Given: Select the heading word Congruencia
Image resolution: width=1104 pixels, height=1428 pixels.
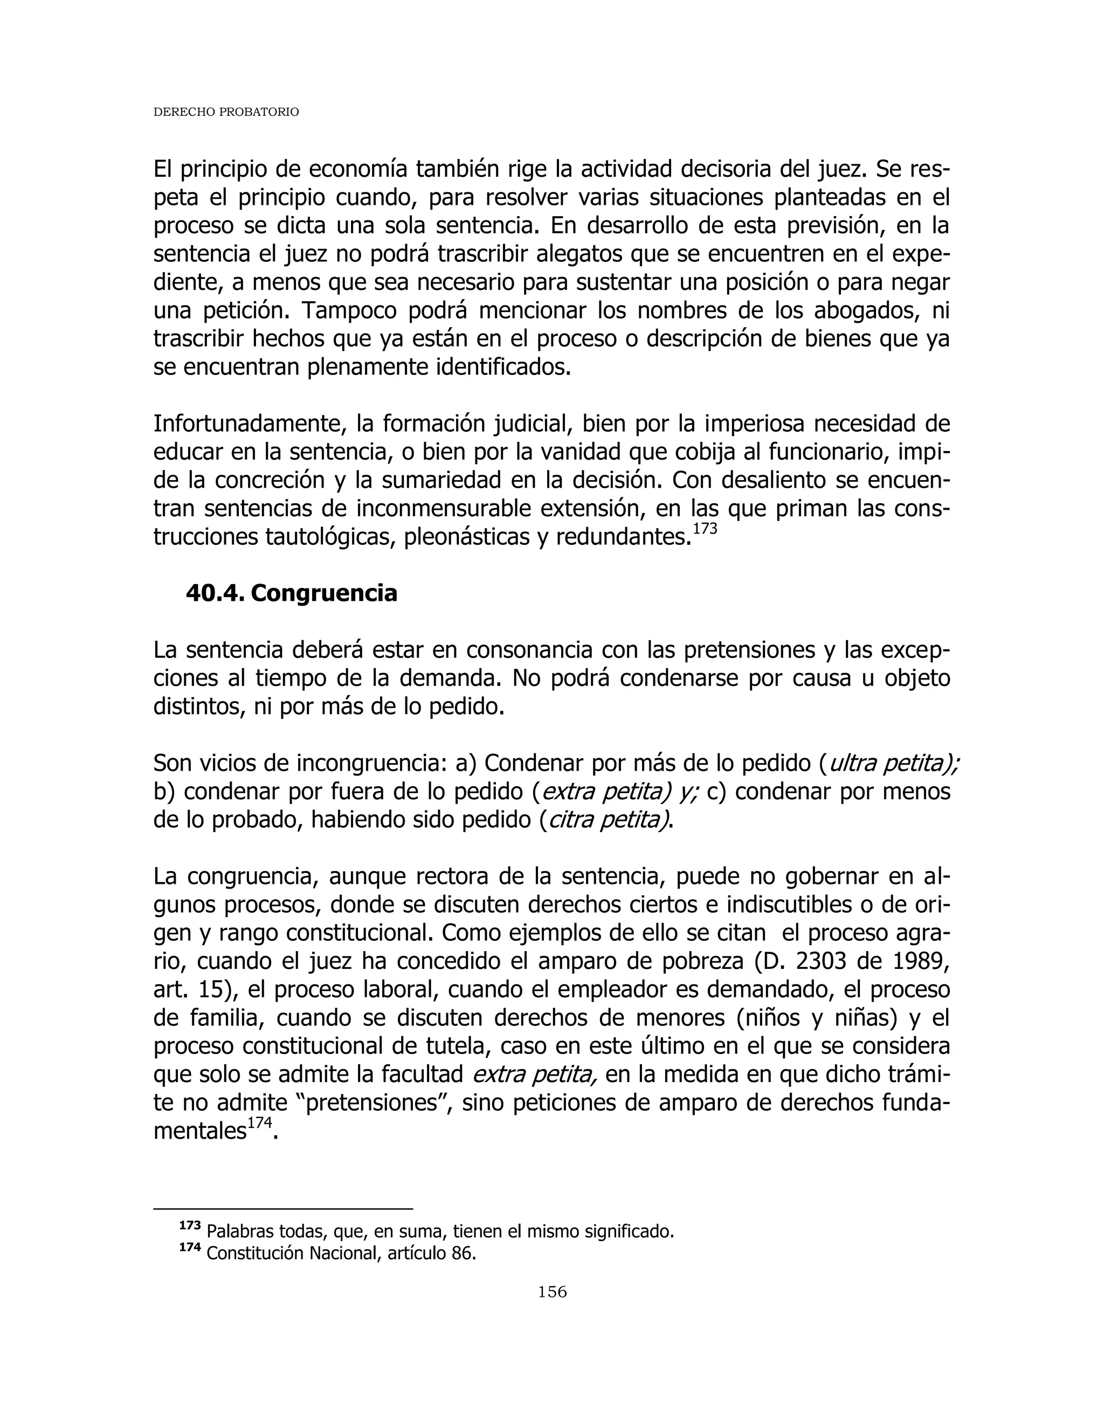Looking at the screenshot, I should (324, 593).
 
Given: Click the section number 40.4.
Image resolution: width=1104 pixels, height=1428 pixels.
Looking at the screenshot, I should (215, 593).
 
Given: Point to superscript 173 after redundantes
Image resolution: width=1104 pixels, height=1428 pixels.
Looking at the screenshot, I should (705, 528).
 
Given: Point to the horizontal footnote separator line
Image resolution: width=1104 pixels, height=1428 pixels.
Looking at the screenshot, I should (282, 1209).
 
